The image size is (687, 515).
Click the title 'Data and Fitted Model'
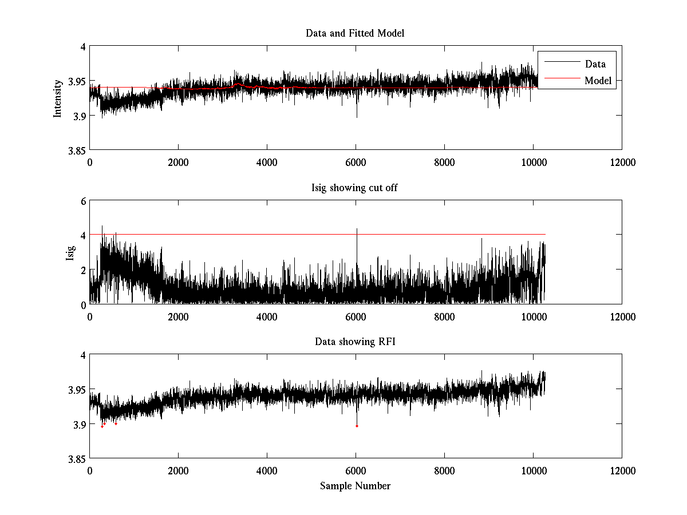(x=355, y=33)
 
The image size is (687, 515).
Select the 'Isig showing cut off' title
(x=355, y=188)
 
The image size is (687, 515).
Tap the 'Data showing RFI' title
(x=355, y=342)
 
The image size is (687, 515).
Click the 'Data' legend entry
(x=595, y=64)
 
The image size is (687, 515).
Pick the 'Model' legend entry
(x=598, y=81)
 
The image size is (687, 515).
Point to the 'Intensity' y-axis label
(x=57, y=98)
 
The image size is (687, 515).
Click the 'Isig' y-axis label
(x=70, y=252)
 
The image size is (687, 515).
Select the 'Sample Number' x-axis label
(x=355, y=486)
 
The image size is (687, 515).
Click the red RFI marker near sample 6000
(x=357, y=426)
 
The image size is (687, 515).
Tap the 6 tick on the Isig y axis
(x=82, y=201)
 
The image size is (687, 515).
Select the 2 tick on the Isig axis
(x=82, y=270)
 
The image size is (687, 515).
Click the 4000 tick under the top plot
(x=267, y=163)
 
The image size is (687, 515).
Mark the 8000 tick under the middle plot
(x=444, y=316)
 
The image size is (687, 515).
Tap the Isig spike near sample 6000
(x=357, y=230)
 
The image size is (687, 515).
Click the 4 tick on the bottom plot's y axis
(x=82, y=355)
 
